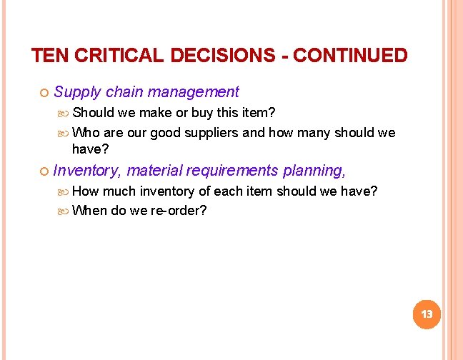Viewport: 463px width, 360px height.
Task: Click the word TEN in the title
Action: pyautogui.click(x=48, y=56)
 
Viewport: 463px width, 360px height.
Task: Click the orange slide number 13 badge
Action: pyautogui.click(x=427, y=314)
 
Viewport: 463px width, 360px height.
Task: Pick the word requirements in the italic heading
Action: pyautogui.click(x=234, y=171)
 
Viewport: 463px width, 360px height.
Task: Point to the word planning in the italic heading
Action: pyautogui.click(x=314, y=171)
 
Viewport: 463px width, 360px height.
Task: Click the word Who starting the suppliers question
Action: pyautogui.click(x=86, y=133)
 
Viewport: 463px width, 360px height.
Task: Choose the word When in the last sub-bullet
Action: pyautogui.click(x=89, y=211)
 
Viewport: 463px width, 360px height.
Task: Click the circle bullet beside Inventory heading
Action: pyautogui.click(x=43, y=171)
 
